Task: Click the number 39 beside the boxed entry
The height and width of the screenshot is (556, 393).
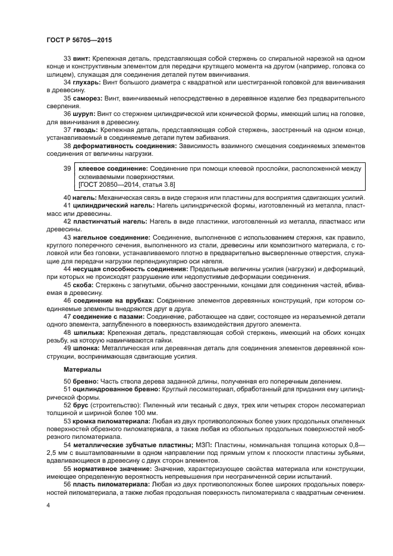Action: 67,169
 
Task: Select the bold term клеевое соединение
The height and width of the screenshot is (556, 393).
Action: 113,169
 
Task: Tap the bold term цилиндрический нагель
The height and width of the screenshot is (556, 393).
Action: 105,205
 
